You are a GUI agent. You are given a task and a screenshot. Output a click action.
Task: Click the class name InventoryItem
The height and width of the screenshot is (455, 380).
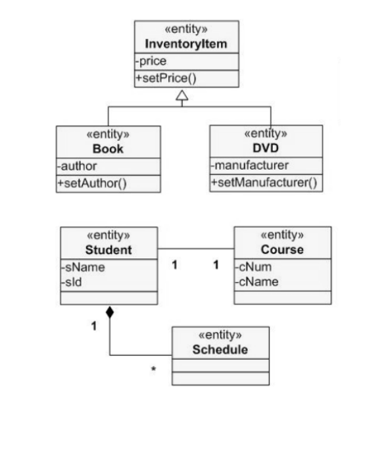(186, 44)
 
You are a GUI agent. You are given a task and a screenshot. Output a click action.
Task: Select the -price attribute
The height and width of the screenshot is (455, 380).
(152, 62)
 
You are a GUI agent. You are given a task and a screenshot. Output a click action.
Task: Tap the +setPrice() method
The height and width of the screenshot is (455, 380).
(166, 78)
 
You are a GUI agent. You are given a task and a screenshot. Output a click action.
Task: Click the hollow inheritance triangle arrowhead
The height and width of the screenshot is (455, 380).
(182, 96)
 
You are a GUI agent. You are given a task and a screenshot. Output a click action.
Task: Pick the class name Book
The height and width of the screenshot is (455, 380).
(108, 149)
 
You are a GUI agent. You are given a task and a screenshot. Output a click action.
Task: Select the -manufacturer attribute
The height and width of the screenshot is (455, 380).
(250, 165)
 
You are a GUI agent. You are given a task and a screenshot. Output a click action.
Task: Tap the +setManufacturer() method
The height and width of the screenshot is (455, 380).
(264, 183)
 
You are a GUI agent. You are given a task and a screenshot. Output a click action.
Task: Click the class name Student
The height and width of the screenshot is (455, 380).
(108, 250)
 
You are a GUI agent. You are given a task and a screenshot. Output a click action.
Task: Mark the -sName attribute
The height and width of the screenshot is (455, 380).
(83, 267)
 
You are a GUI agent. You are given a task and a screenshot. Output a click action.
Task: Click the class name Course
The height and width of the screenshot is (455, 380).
(282, 250)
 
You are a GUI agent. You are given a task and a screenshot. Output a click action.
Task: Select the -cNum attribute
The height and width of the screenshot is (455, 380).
(254, 267)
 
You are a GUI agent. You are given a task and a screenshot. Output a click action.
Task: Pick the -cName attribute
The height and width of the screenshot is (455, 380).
(257, 281)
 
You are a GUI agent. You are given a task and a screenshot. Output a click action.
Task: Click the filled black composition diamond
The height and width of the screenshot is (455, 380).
(110, 312)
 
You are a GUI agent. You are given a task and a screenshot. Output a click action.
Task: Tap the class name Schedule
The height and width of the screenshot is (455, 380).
(220, 349)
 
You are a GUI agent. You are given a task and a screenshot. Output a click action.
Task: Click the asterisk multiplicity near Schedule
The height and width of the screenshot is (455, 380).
(153, 370)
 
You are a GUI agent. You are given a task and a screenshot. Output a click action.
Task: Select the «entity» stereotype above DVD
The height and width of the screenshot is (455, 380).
(266, 133)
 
